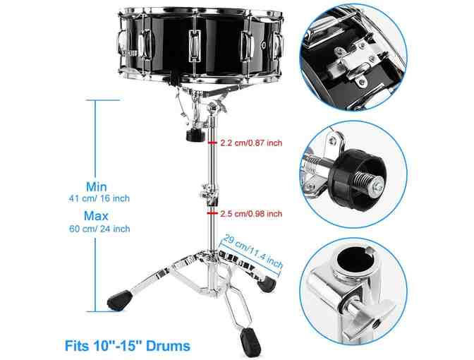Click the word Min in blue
tap(97, 186)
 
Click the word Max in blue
tap(96, 216)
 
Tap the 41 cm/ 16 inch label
tap(99, 198)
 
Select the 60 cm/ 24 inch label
tap(99, 229)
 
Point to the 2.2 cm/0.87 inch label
tap(251, 143)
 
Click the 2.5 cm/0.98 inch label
tap(251, 214)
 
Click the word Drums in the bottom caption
tap(169, 346)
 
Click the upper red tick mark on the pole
tap(212, 142)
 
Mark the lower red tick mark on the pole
tap(212, 213)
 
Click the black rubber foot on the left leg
tap(119, 300)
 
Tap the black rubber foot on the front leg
tap(250, 342)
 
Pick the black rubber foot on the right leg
tap(267, 284)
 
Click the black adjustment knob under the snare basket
tap(195, 136)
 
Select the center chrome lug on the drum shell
tap(195, 46)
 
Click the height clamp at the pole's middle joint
tap(209, 193)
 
